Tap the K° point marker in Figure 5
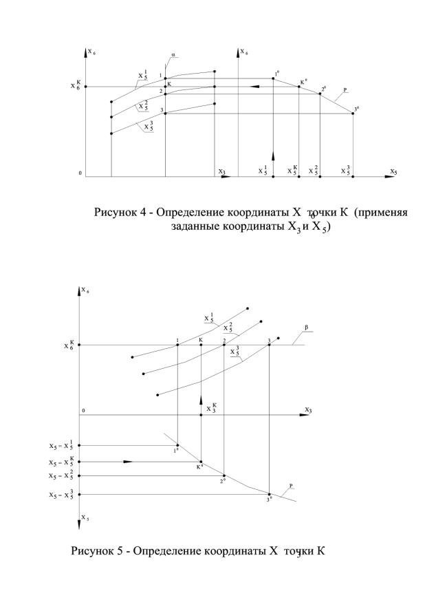[x=201, y=462]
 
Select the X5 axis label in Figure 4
[x=393, y=171]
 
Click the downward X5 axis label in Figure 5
[x=84, y=517]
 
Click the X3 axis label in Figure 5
[x=308, y=410]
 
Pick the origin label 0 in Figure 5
[x=83, y=411]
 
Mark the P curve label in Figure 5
[x=292, y=486]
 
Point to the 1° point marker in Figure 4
[x=273, y=78]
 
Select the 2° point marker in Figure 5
[x=224, y=475]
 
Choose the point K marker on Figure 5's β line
[x=201, y=345]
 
